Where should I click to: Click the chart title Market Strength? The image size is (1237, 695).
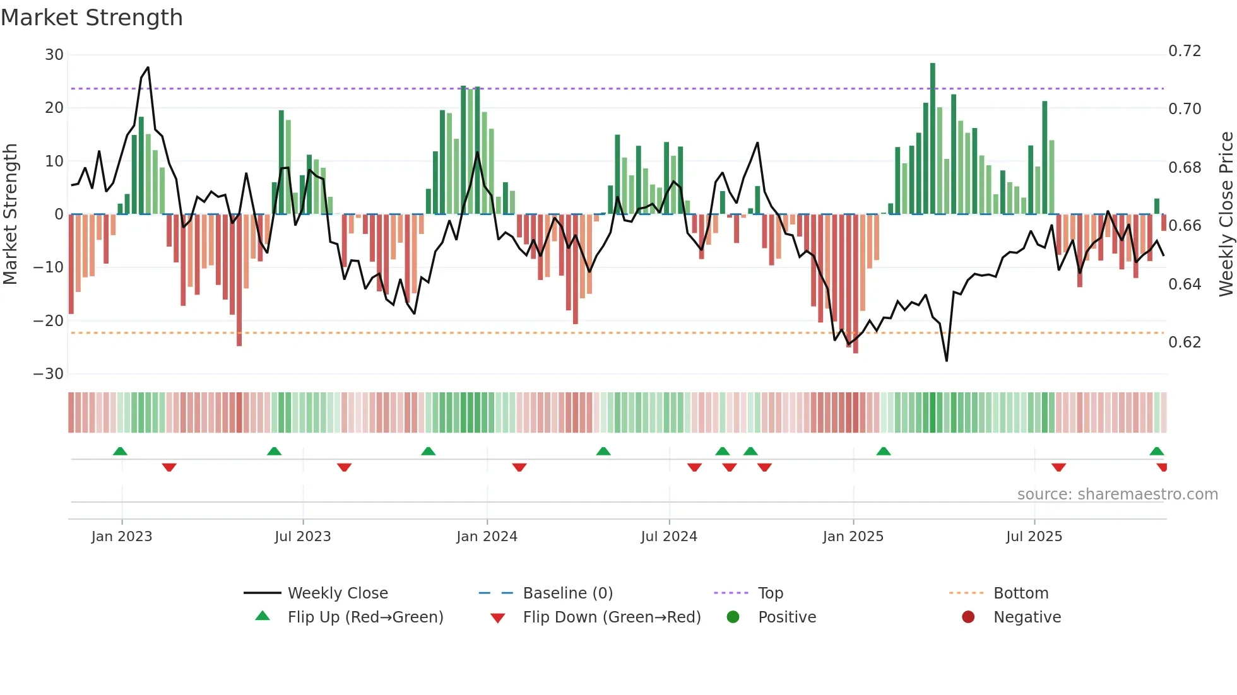(92, 18)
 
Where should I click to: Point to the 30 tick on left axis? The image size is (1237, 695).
(54, 55)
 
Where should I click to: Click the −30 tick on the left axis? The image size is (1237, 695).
(49, 374)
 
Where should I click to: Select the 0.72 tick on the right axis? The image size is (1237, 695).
(1185, 51)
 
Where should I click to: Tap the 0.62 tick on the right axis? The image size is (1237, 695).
(1185, 342)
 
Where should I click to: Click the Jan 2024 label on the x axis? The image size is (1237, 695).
(487, 537)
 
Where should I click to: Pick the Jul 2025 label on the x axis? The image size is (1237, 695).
(1034, 537)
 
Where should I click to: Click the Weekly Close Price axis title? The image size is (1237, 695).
(1226, 214)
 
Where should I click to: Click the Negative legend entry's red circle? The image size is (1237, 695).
(968, 617)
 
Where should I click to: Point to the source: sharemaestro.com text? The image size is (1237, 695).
(1117, 494)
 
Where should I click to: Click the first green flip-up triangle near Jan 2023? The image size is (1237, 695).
(120, 451)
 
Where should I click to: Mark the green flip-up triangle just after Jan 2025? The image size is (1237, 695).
(884, 451)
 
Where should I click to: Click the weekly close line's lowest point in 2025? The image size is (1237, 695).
(947, 360)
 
